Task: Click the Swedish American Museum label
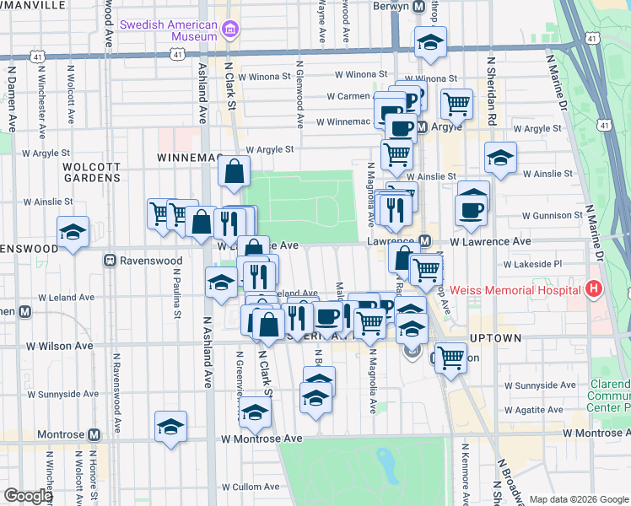point(169,30)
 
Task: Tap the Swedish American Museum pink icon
point(229,31)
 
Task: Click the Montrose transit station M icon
point(94,434)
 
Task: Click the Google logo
point(29,496)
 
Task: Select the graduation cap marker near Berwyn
point(430,42)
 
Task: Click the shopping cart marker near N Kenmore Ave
point(450,356)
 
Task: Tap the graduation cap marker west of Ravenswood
point(73,232)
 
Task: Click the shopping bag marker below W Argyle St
point(234,171)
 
